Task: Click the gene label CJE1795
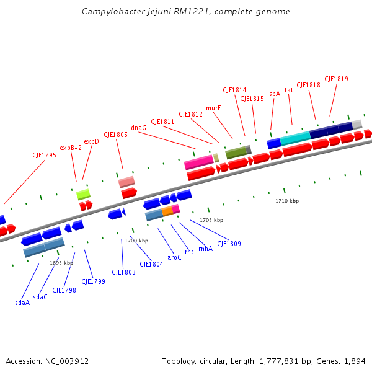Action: coord(44,155)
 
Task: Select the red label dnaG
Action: coord(139,128)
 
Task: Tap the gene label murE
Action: coord(213,108)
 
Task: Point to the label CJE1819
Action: coord(335,79)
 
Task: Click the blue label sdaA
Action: coord(22,303)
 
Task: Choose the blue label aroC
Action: coord(175,257)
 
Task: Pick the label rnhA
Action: coord(205,249)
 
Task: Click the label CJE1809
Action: coord(228,244)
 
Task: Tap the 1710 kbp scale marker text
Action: coord(287,201)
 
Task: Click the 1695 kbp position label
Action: coord(61,263)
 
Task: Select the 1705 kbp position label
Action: coord(211,220)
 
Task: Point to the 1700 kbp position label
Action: coord(136,241)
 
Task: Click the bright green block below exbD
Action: coord(83,194)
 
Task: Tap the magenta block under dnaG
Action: coord(198,162)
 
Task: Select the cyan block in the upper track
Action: coord(295,138)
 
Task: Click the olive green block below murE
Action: coord(236,152)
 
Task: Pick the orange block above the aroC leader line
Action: coord(167,211)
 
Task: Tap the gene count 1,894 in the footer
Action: coord(353,361)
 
